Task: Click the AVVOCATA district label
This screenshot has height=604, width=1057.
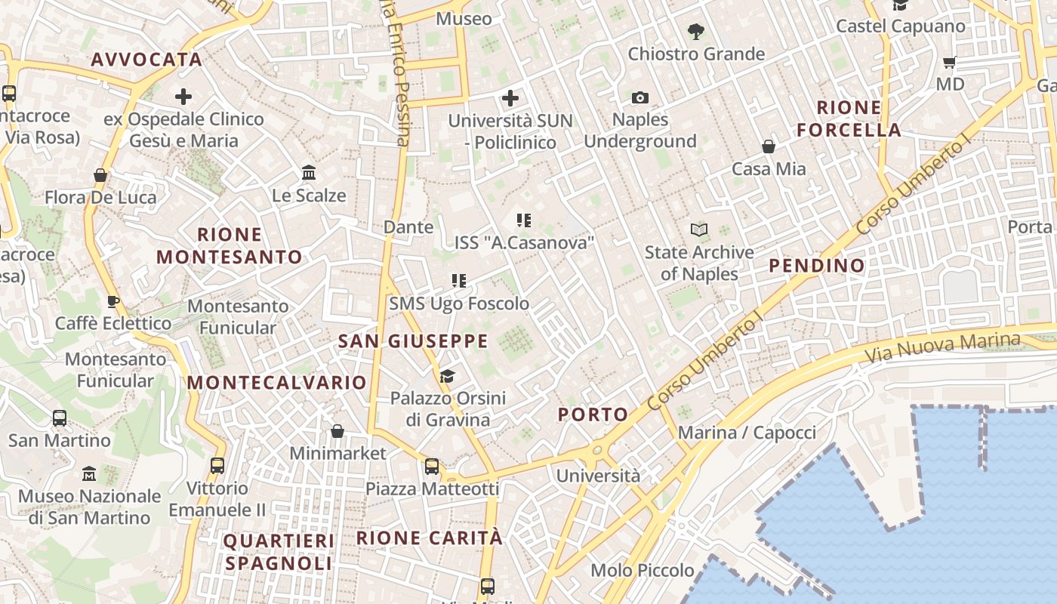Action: pos(146,60)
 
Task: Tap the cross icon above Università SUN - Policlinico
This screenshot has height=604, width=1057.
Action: pos(510,97)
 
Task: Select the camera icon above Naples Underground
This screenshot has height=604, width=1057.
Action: pos(640,97)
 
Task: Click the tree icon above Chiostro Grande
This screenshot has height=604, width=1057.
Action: pos(696,32)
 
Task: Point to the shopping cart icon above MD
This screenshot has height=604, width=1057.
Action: pos(950,62)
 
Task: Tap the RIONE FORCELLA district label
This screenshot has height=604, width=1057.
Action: pos(849,119)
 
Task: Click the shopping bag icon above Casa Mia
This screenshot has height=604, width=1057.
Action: pos(769,146)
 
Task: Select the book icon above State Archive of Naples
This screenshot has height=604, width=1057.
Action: pos(700,230)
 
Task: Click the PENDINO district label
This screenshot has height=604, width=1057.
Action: pos(817,266)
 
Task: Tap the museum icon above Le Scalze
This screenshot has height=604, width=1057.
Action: pos(309,173)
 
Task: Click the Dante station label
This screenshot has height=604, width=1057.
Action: pos(408,226)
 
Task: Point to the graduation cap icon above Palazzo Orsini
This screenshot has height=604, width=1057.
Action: pos(448,376)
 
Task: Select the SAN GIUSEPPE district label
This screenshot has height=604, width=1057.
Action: pos(413,341)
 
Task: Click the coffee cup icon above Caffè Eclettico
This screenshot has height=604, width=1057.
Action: pos(113,301)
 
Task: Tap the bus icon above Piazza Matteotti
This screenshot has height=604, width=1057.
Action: pos(432,467)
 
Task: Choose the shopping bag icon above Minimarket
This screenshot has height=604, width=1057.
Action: pos(337,431)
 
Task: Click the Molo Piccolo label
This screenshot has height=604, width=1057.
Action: pos(643,570)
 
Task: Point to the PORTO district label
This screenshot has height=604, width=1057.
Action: pos(593,414)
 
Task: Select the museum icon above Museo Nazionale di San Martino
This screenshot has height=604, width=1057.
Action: pos(89,474)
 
